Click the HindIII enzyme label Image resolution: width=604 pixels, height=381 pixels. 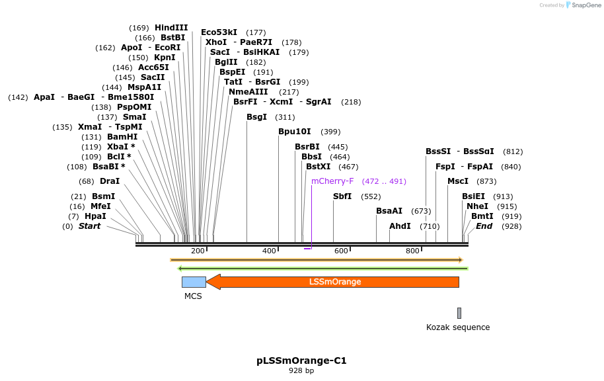tap(171, 28)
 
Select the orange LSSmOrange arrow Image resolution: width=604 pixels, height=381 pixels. tap(334, 282)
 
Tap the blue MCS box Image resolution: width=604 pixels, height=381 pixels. tap(194, 282)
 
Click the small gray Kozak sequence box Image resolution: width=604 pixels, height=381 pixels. tap(459, 313)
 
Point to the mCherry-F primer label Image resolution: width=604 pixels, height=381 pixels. tap(332, 181)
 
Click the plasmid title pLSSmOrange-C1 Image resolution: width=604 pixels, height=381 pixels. tap(301, 361)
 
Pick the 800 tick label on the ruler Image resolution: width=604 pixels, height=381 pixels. tap(412, 251)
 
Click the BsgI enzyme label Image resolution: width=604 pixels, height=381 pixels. tap(256, 117)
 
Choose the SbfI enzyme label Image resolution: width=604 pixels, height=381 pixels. tap(342, 196)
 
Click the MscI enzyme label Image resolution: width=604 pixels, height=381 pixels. tap(458, 181)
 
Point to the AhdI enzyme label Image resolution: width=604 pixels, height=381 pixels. tap(400, 226)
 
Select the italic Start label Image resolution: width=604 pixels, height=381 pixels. tap(89, 226)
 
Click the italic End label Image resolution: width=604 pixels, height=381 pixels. tap(484, 226)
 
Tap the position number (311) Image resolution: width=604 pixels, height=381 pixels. tap(285, 117)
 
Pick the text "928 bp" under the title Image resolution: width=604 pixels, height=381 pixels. tap(301, 371)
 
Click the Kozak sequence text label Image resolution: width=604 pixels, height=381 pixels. tap(458, 327)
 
